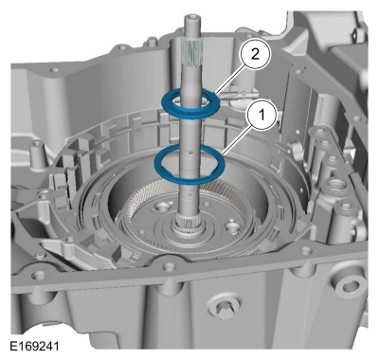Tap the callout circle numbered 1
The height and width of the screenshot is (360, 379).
256,116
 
